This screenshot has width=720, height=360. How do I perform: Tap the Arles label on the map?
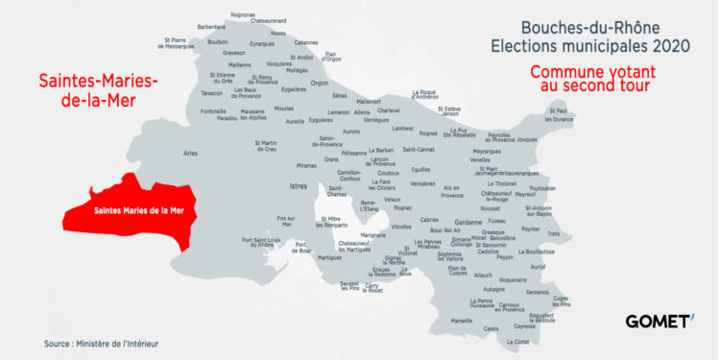(190, 153)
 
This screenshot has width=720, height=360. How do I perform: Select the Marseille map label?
(462, 321)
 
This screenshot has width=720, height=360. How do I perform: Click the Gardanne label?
(469, 222)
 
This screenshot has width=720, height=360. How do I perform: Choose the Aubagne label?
(493, 289)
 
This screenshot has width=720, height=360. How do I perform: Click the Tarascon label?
(211, 94)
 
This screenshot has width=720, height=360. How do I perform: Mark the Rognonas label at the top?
(244, 14)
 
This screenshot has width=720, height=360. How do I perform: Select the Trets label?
(553, 233)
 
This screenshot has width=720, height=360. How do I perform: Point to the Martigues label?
(329, 257)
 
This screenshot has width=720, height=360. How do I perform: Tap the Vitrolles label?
(401, 227)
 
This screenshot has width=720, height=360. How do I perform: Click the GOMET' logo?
(659, 321)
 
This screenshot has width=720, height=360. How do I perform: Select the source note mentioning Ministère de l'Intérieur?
(101, 344)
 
